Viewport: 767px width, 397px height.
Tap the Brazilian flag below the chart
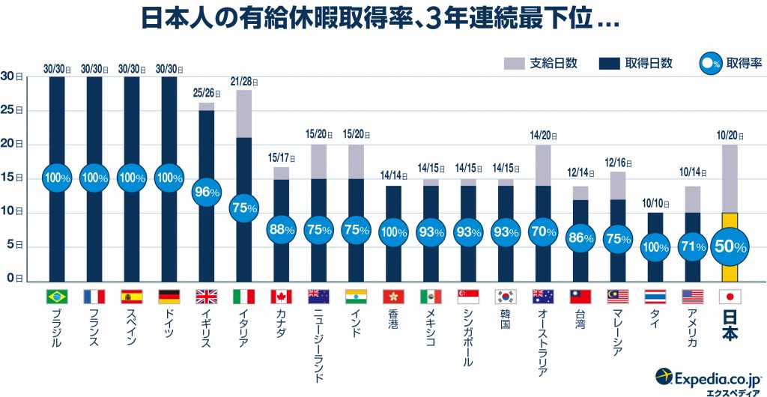[x=57, y=296]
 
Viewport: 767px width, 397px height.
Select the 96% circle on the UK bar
[x=207, y=192]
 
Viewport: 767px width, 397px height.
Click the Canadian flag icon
[x=282, y=296]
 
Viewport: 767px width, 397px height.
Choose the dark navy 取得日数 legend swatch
[x=609, y=64]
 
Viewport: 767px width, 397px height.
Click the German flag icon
[x=169, y=296]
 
